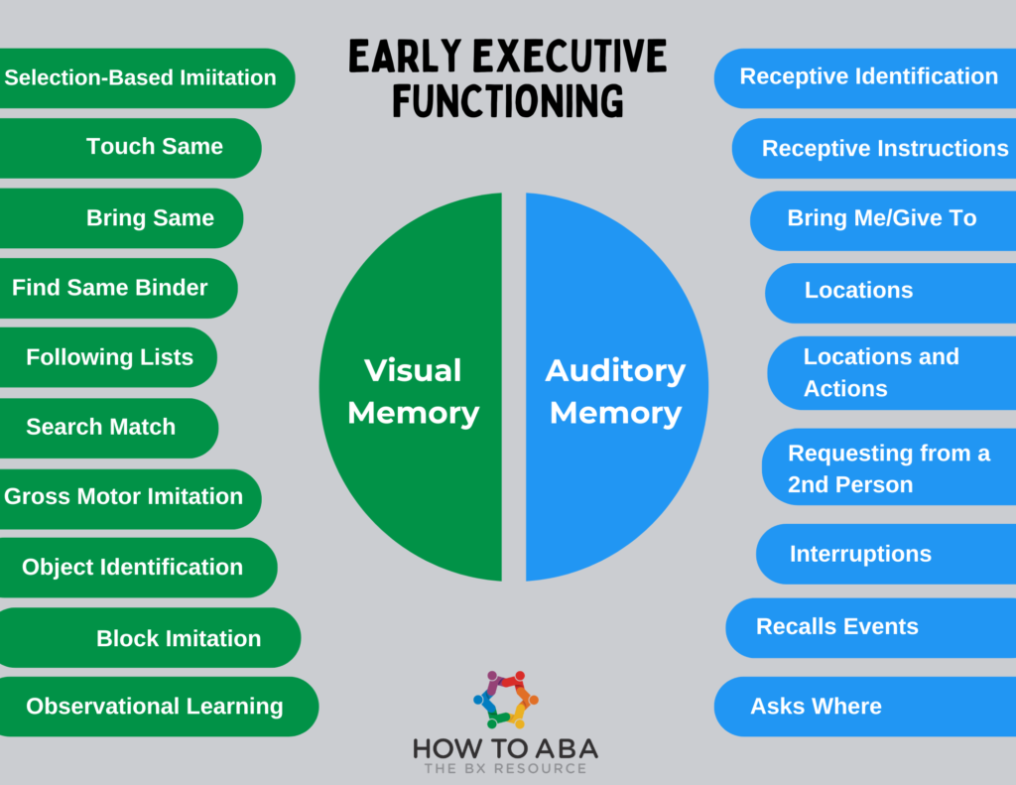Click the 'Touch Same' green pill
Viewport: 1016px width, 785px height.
[x=154, y=147]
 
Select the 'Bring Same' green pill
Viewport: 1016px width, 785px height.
[x=150, y=218]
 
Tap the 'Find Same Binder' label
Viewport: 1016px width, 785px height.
[x=110, y=288]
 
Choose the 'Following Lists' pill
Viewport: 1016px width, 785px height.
[x=109, y=357]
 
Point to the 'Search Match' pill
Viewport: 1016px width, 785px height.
[x=101, y=427]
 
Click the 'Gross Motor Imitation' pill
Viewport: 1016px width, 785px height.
[x=124, y=496]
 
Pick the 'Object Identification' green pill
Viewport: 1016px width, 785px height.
[x=133, y=567]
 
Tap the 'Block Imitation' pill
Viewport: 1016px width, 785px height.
[x=179, y=638]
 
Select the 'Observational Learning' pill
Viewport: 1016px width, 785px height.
[x=155, y=707]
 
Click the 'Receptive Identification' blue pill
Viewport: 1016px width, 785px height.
[x=868, y=76]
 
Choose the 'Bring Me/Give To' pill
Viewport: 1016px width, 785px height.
[x=882, y=218]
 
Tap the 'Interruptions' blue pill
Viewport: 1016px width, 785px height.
[x=860, y=554]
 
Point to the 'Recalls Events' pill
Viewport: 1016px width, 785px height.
[x=837, y=626]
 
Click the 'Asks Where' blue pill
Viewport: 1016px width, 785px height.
[x=816, y=707]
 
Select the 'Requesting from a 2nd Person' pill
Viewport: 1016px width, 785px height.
[x=888, y=468]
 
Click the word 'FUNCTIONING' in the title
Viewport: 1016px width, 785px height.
[x=507, y=101]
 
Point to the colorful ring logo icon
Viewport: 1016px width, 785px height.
[x=506, y=698]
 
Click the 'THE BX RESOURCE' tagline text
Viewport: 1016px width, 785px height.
[x=506, y=768]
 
